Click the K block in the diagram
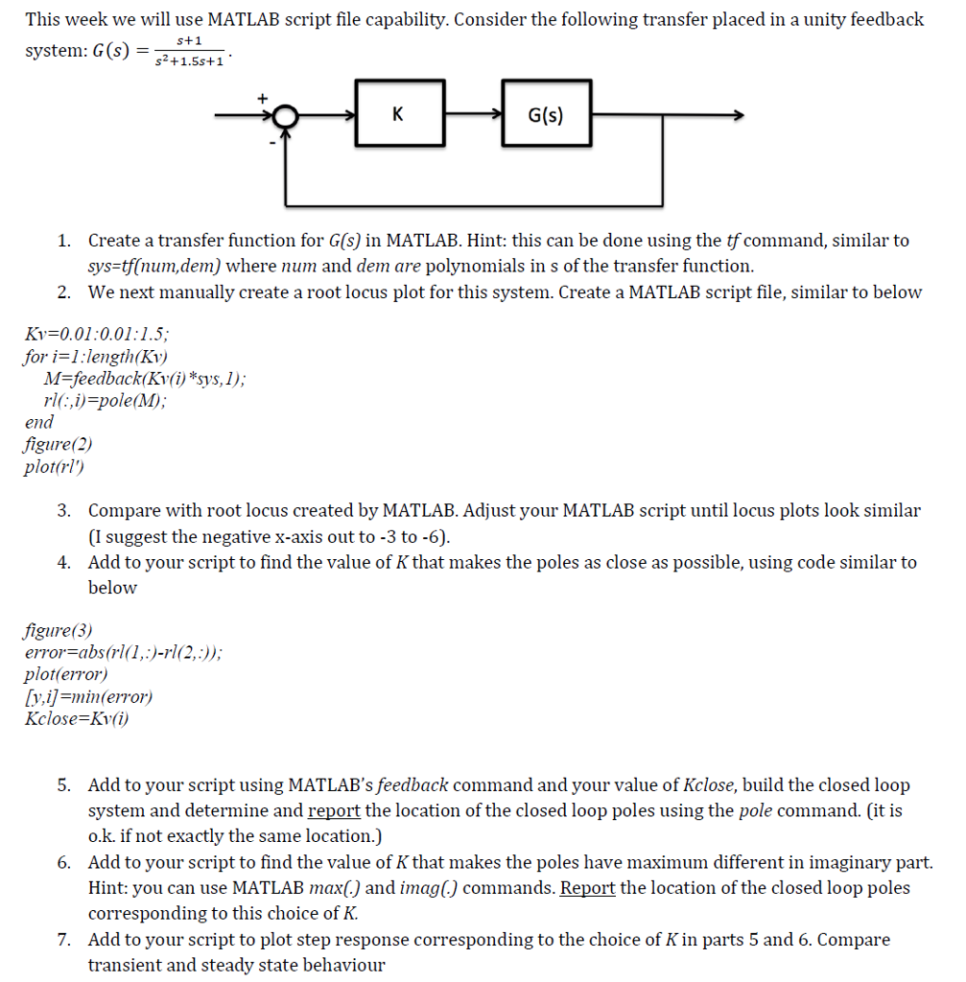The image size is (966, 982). (398, 114)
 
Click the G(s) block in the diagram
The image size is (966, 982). (546, 114)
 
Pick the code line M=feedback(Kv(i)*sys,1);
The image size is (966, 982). (142, 379)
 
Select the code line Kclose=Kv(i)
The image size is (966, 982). (76, 719)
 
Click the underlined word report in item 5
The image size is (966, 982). (334, 810)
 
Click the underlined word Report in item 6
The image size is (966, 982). (587, 887)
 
